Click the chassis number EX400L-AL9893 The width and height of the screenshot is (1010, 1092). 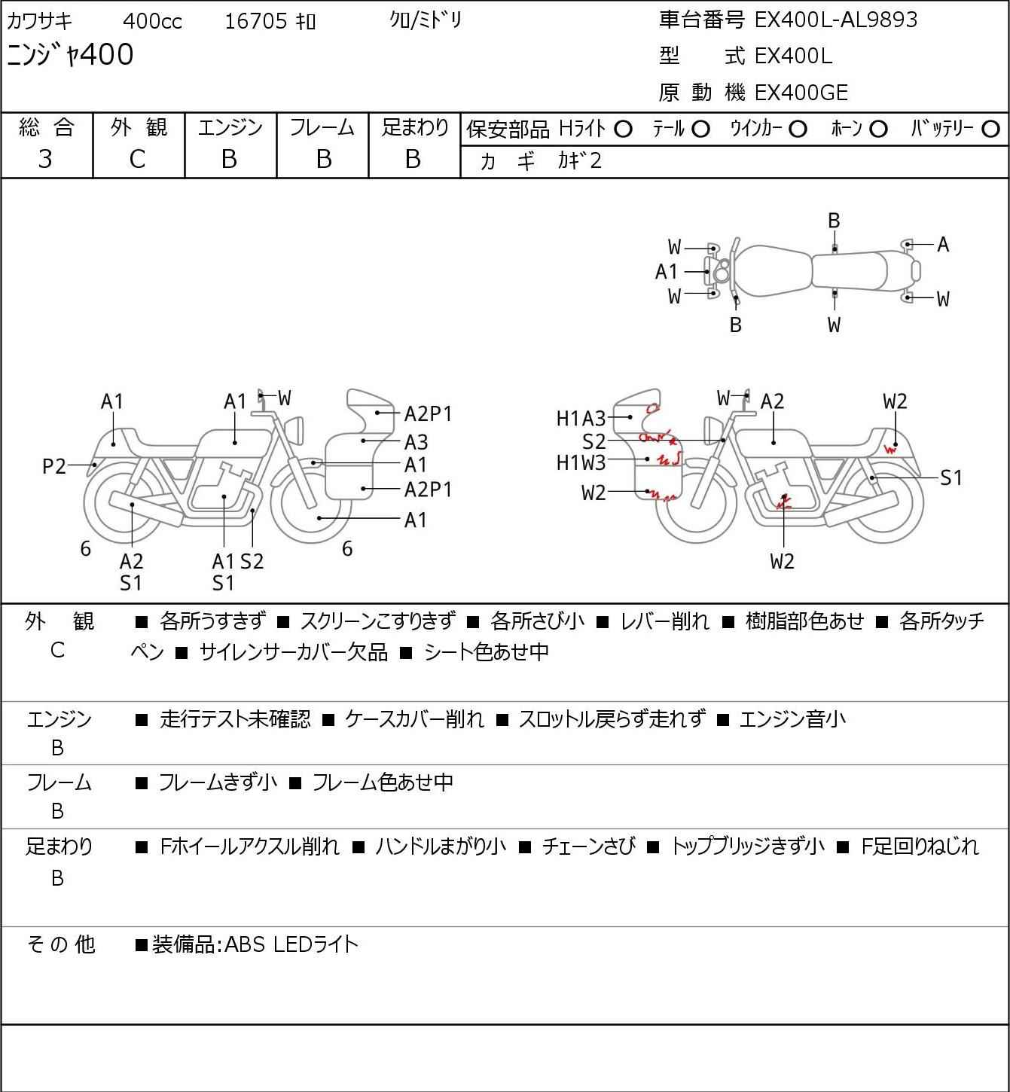click(x=835, y=20)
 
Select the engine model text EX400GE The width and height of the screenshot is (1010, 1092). click(x=801, y=93)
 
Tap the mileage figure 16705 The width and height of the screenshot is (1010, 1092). click(x=256, y=21)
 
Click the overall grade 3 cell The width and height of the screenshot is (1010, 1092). click(x=45, y=159)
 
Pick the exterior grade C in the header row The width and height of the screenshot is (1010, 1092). click(x=137, y=160)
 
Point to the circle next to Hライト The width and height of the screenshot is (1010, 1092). click(x=623, y=130)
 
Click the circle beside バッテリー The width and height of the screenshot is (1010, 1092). click(x=990, y=129)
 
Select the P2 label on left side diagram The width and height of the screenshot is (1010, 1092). click(x=54, y=466)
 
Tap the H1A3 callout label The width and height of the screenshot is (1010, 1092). click(x=581, y=419)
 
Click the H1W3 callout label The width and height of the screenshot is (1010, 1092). click(x=581, y=463)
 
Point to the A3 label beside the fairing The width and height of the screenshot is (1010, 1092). click(x=416, y=441)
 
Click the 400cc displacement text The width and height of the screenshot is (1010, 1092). click(x=152, y=21)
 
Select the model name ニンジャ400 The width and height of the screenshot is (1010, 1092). click(x=70, y=55)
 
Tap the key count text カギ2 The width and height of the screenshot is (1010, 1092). click(x=579, y=160)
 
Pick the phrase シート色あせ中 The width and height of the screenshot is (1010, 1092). click(x=487, y=651)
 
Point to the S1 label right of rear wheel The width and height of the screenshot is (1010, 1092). click(x=950, y=477)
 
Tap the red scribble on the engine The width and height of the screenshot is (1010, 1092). click(x=783, y=501)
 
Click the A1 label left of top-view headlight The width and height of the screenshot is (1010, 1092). click(x=667, y=271)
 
